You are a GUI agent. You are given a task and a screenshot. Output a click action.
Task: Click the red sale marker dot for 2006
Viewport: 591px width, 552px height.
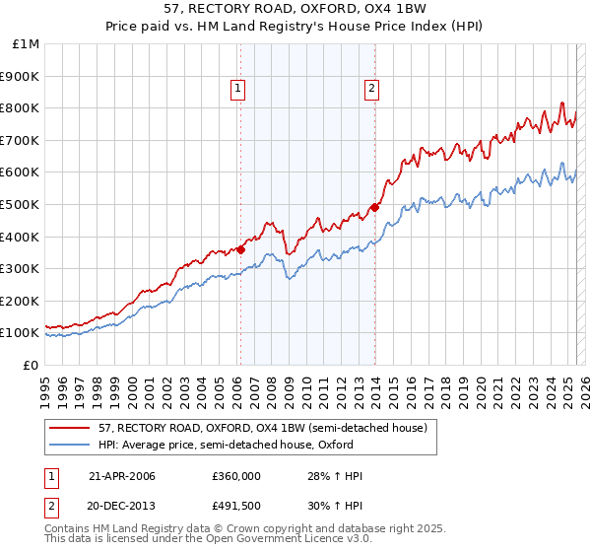coord(240,249)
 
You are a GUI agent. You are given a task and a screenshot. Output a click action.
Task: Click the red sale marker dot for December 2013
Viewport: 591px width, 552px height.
coord(374,207)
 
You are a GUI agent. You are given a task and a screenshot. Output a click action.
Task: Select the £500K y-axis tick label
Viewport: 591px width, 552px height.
coord(21,204)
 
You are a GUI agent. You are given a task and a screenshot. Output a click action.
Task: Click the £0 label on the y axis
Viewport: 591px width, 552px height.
coord(30,365)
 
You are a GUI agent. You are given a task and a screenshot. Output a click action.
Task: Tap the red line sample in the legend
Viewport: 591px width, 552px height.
coord(68,429)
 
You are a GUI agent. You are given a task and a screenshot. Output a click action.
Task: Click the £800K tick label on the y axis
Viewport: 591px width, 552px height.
coord(21,108)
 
